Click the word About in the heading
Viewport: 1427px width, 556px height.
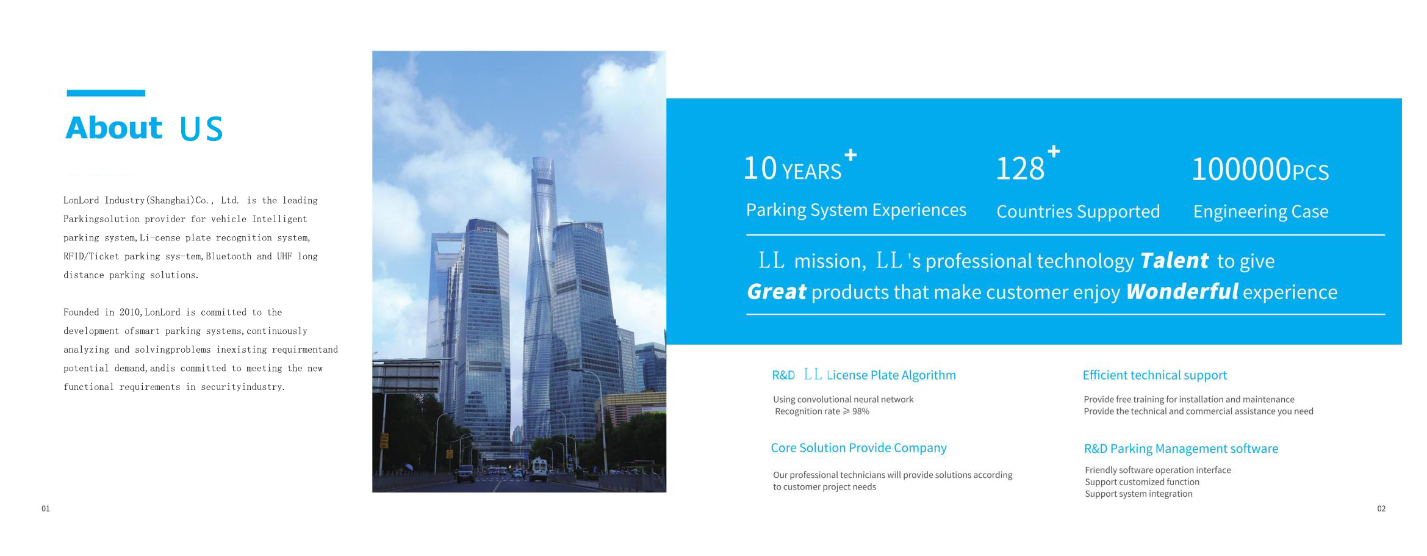tap(114, 128)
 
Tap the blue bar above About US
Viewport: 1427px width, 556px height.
tap(106, 93)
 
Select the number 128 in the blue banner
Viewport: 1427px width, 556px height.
tap(1020, 168)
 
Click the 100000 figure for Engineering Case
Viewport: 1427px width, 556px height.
tap(1242, 169)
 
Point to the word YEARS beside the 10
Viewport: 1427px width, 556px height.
tap(811, 172)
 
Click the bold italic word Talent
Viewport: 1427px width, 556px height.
tap(1174, 261)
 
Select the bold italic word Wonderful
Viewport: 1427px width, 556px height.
tap(1182, 291)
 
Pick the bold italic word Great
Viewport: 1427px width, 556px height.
tap(777, 292)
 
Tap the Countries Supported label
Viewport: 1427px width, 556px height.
tap(1078, 211)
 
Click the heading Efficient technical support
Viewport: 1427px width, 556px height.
tap(1155, 375)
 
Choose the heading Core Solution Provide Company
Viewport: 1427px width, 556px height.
tap(858, 447)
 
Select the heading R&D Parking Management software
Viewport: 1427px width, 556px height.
tap(1181, 449)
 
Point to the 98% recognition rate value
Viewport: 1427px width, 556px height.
tap(861, 411)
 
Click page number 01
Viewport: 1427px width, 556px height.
tap(46, 508)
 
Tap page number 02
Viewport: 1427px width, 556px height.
tap(1381, 508)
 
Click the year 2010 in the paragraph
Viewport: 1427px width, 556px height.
tap(130, 312)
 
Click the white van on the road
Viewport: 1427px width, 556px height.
tap(539, 469)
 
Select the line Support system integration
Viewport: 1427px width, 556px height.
tap(1138, 494)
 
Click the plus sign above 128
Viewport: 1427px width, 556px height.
tap(1054, 151)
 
